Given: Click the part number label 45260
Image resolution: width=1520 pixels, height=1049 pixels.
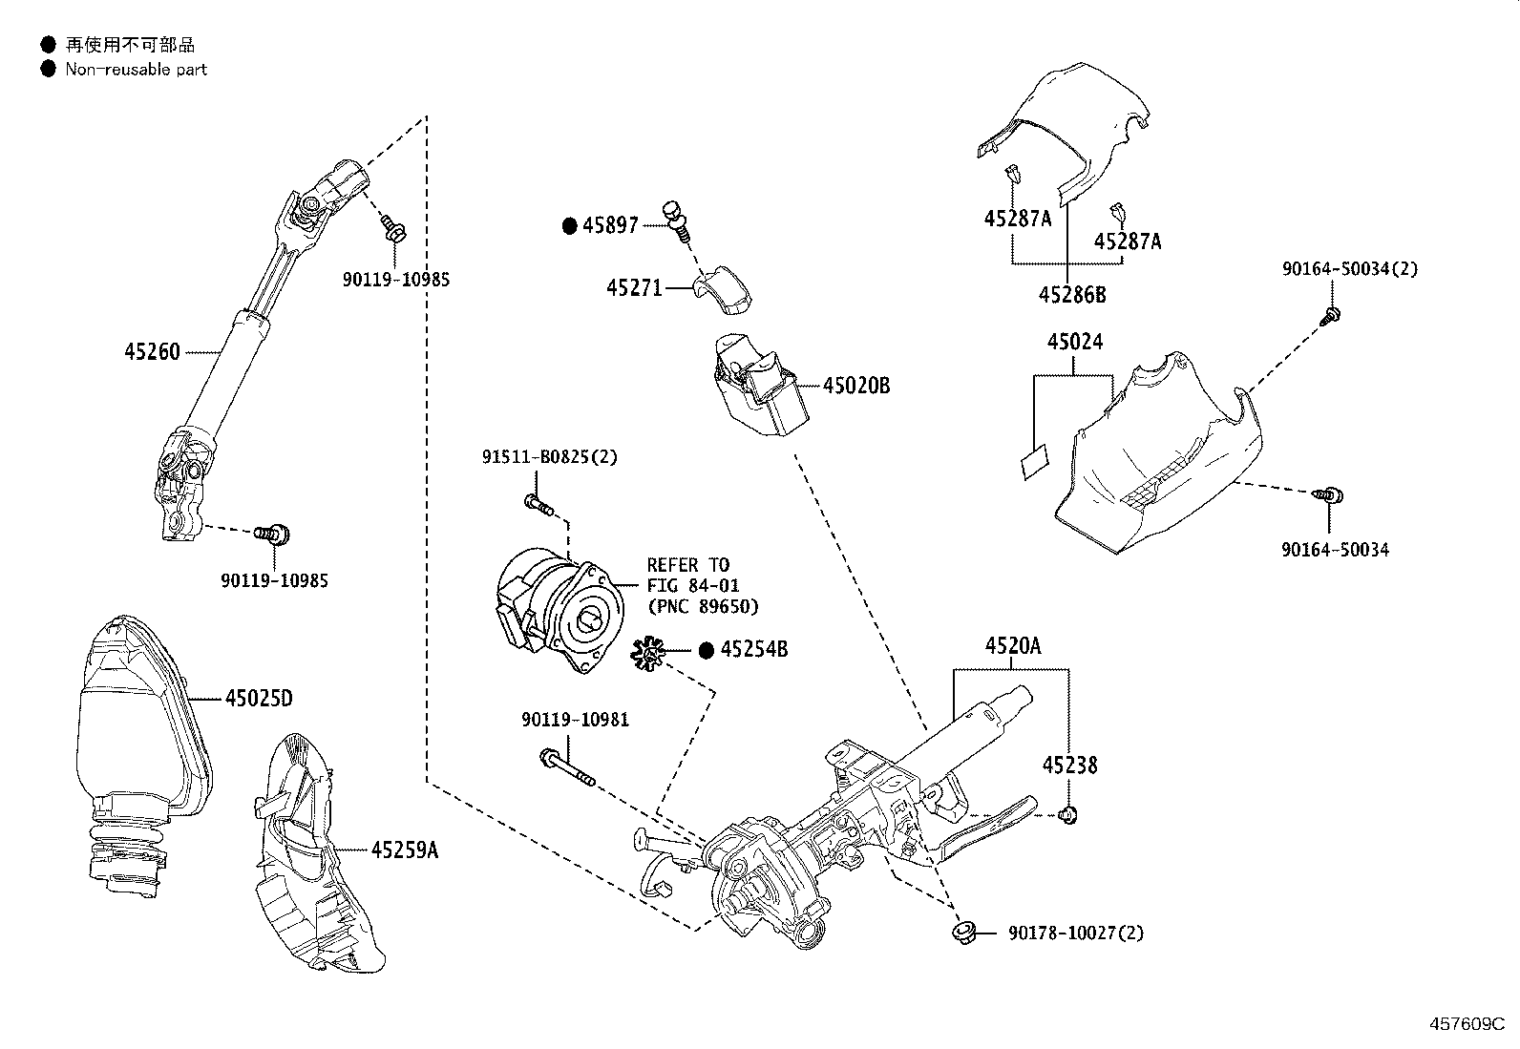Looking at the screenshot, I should coord(152,351).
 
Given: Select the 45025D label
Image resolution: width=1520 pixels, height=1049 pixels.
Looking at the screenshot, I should coord(259,699).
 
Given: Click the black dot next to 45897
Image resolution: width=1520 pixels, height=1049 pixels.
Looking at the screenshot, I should coord(570,225).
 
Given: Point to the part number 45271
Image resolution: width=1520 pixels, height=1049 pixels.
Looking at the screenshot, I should coord(634,286).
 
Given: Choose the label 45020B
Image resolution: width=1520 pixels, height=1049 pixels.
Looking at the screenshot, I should coord(856,386).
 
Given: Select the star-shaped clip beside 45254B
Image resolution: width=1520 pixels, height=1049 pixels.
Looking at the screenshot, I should coord(648,654).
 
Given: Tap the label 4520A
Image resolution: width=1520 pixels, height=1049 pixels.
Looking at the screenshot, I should coord(1013,646).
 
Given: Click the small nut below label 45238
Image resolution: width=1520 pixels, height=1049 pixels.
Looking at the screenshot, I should coord(1069,814).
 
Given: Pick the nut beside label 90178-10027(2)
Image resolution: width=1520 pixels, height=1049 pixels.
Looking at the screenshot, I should coord(961,932).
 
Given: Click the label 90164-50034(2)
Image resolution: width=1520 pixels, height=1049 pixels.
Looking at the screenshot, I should coord(1350,269).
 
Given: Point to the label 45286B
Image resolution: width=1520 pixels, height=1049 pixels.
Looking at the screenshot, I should coord(1072,295).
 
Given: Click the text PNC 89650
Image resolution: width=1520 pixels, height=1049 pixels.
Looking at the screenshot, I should coord(703,606).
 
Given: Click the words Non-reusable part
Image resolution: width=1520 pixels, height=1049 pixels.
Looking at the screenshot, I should coord(136,69).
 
